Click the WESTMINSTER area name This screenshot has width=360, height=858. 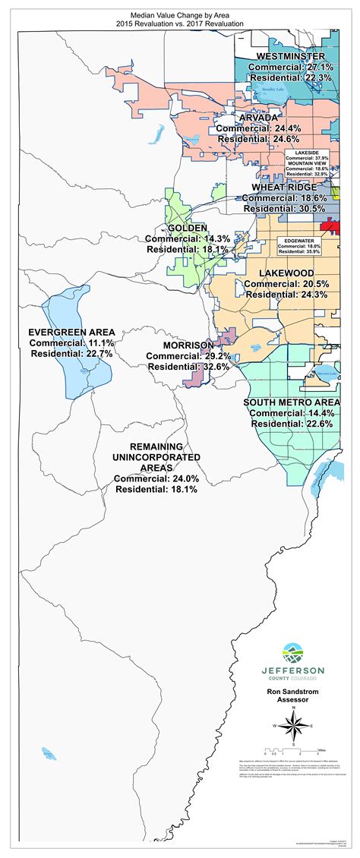coord(291,57)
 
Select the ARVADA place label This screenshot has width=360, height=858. coord(257,119)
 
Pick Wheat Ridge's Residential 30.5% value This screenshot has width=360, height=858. coord(284,208)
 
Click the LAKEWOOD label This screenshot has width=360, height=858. coord(286,272)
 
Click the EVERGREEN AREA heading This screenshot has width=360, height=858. coord(71,332)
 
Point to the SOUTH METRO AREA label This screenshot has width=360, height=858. coord(292,402)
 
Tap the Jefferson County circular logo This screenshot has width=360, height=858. coord(292,653)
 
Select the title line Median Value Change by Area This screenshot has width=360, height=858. coord(180,14)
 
